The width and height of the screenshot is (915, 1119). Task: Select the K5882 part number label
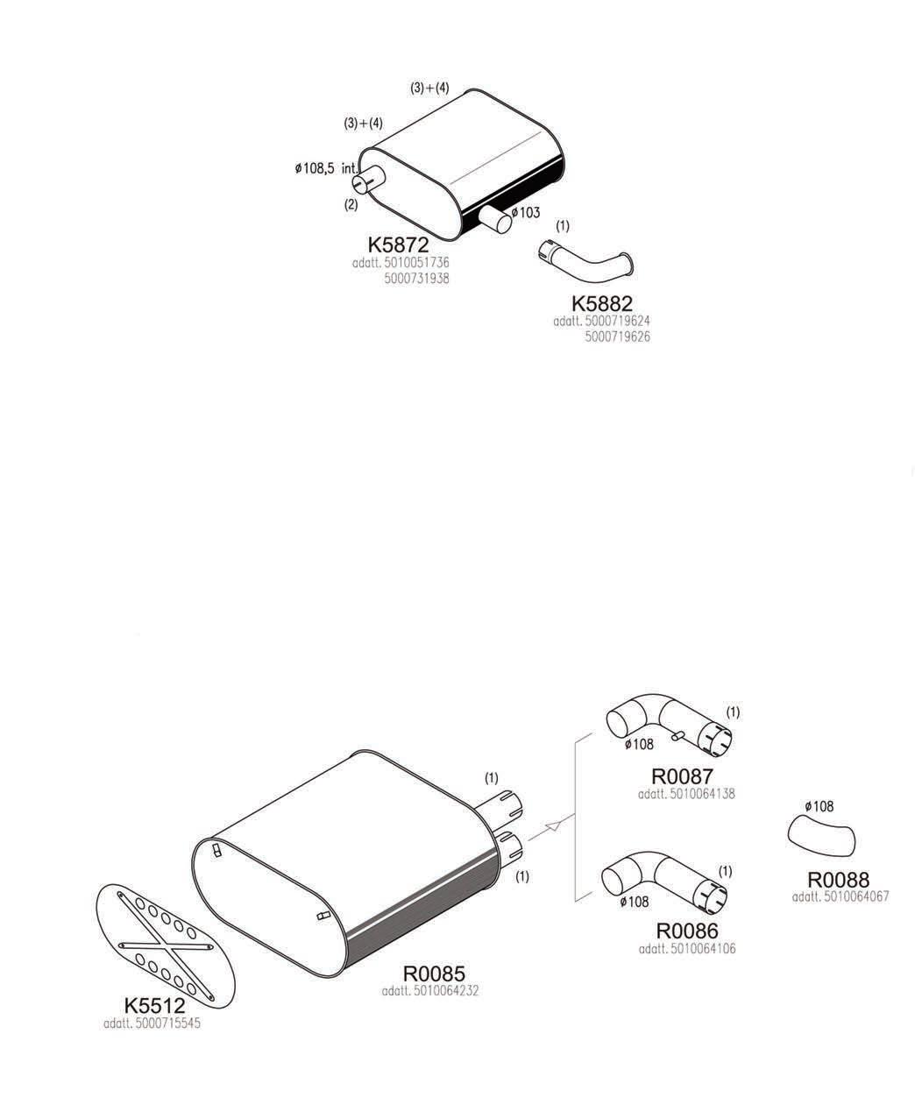601,304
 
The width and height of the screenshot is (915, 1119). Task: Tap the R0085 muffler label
433,974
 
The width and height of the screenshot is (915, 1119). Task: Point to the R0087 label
682,776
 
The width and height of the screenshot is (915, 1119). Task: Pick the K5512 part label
154,1006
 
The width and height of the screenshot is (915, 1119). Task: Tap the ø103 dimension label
526,212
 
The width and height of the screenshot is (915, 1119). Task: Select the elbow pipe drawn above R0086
664,881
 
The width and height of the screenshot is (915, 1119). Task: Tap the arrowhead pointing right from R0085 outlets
552,825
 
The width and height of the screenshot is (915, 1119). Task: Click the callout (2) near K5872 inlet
351,205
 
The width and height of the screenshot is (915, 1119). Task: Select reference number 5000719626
617,336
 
